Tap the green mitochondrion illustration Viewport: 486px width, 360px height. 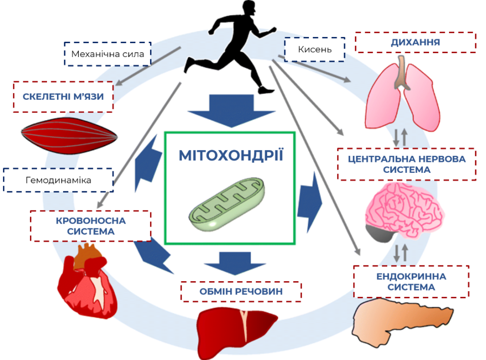[x=227, y=204]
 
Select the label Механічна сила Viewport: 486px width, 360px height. [x=108, y=54]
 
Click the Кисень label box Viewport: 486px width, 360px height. [x=315, y=49]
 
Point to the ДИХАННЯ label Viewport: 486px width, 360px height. [x=415, y=42]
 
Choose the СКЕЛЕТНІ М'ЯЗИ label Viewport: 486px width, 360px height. [x=63, y=96]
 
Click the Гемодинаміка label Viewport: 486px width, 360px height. [x=58, y=180]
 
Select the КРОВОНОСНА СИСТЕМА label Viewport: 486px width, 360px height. [x=91, y=226]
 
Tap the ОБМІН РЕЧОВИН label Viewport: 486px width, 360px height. [x=241, y=292]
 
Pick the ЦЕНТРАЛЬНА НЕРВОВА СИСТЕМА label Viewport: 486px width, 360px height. [x=407, y=164]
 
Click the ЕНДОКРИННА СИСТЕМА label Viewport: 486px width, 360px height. [x=411, y=282]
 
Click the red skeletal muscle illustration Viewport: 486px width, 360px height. [x=69, y=135]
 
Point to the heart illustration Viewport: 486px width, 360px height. [x=87, y=282]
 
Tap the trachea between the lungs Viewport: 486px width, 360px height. [x=402, y=71]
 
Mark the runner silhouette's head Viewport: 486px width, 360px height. [x=249, y=8]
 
